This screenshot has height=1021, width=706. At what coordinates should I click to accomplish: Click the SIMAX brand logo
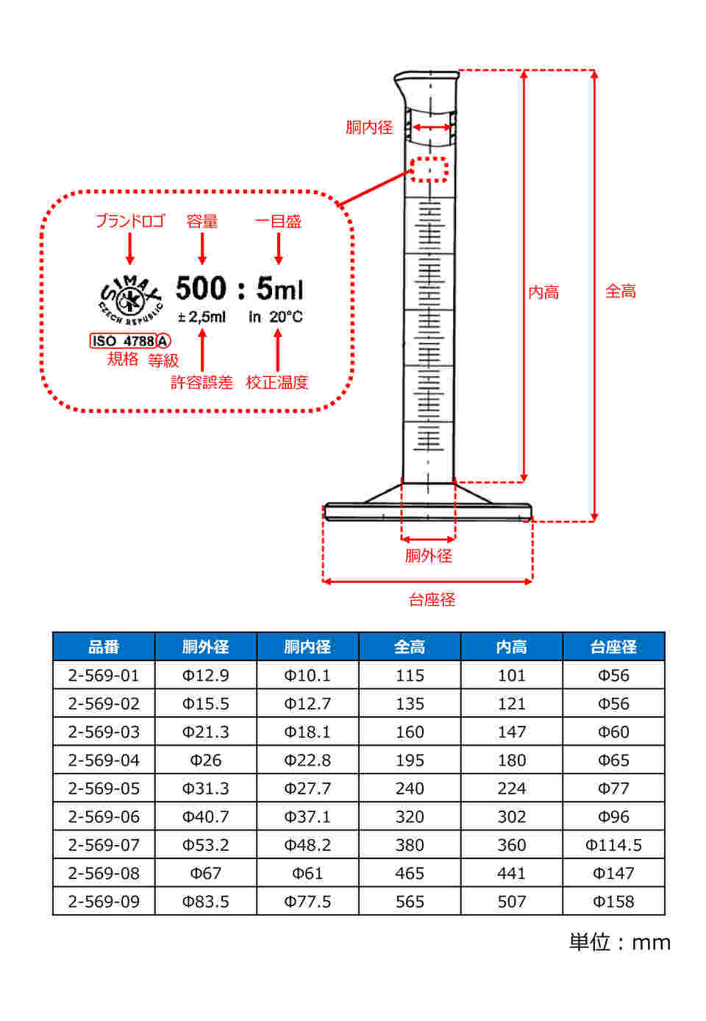130,300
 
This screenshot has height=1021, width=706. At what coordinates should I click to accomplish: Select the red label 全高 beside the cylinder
620,291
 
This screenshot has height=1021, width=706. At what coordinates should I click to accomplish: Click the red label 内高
543,292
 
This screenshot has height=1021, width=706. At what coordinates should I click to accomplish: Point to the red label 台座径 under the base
432,599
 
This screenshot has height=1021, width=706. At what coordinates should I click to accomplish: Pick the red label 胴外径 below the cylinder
428,556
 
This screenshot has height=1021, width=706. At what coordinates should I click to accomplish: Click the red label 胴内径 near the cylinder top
369,127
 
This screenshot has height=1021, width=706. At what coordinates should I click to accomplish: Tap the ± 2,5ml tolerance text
202,317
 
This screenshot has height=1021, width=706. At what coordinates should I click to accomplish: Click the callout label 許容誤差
202,382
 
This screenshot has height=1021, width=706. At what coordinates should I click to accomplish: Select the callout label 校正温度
277,382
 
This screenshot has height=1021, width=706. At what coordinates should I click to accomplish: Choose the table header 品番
104,646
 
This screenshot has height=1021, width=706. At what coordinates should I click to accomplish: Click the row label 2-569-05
104,788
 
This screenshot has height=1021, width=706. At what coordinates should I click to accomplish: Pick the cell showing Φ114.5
613,844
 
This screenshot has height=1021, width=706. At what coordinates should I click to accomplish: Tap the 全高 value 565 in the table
410,901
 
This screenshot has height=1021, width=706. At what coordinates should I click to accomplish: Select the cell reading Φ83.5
205,901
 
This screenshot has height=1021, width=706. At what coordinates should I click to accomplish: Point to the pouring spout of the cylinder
402,85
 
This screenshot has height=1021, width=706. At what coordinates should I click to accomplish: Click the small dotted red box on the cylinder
429,169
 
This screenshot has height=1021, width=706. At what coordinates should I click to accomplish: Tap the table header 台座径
613,646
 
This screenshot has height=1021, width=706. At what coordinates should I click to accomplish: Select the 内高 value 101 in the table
512,675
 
